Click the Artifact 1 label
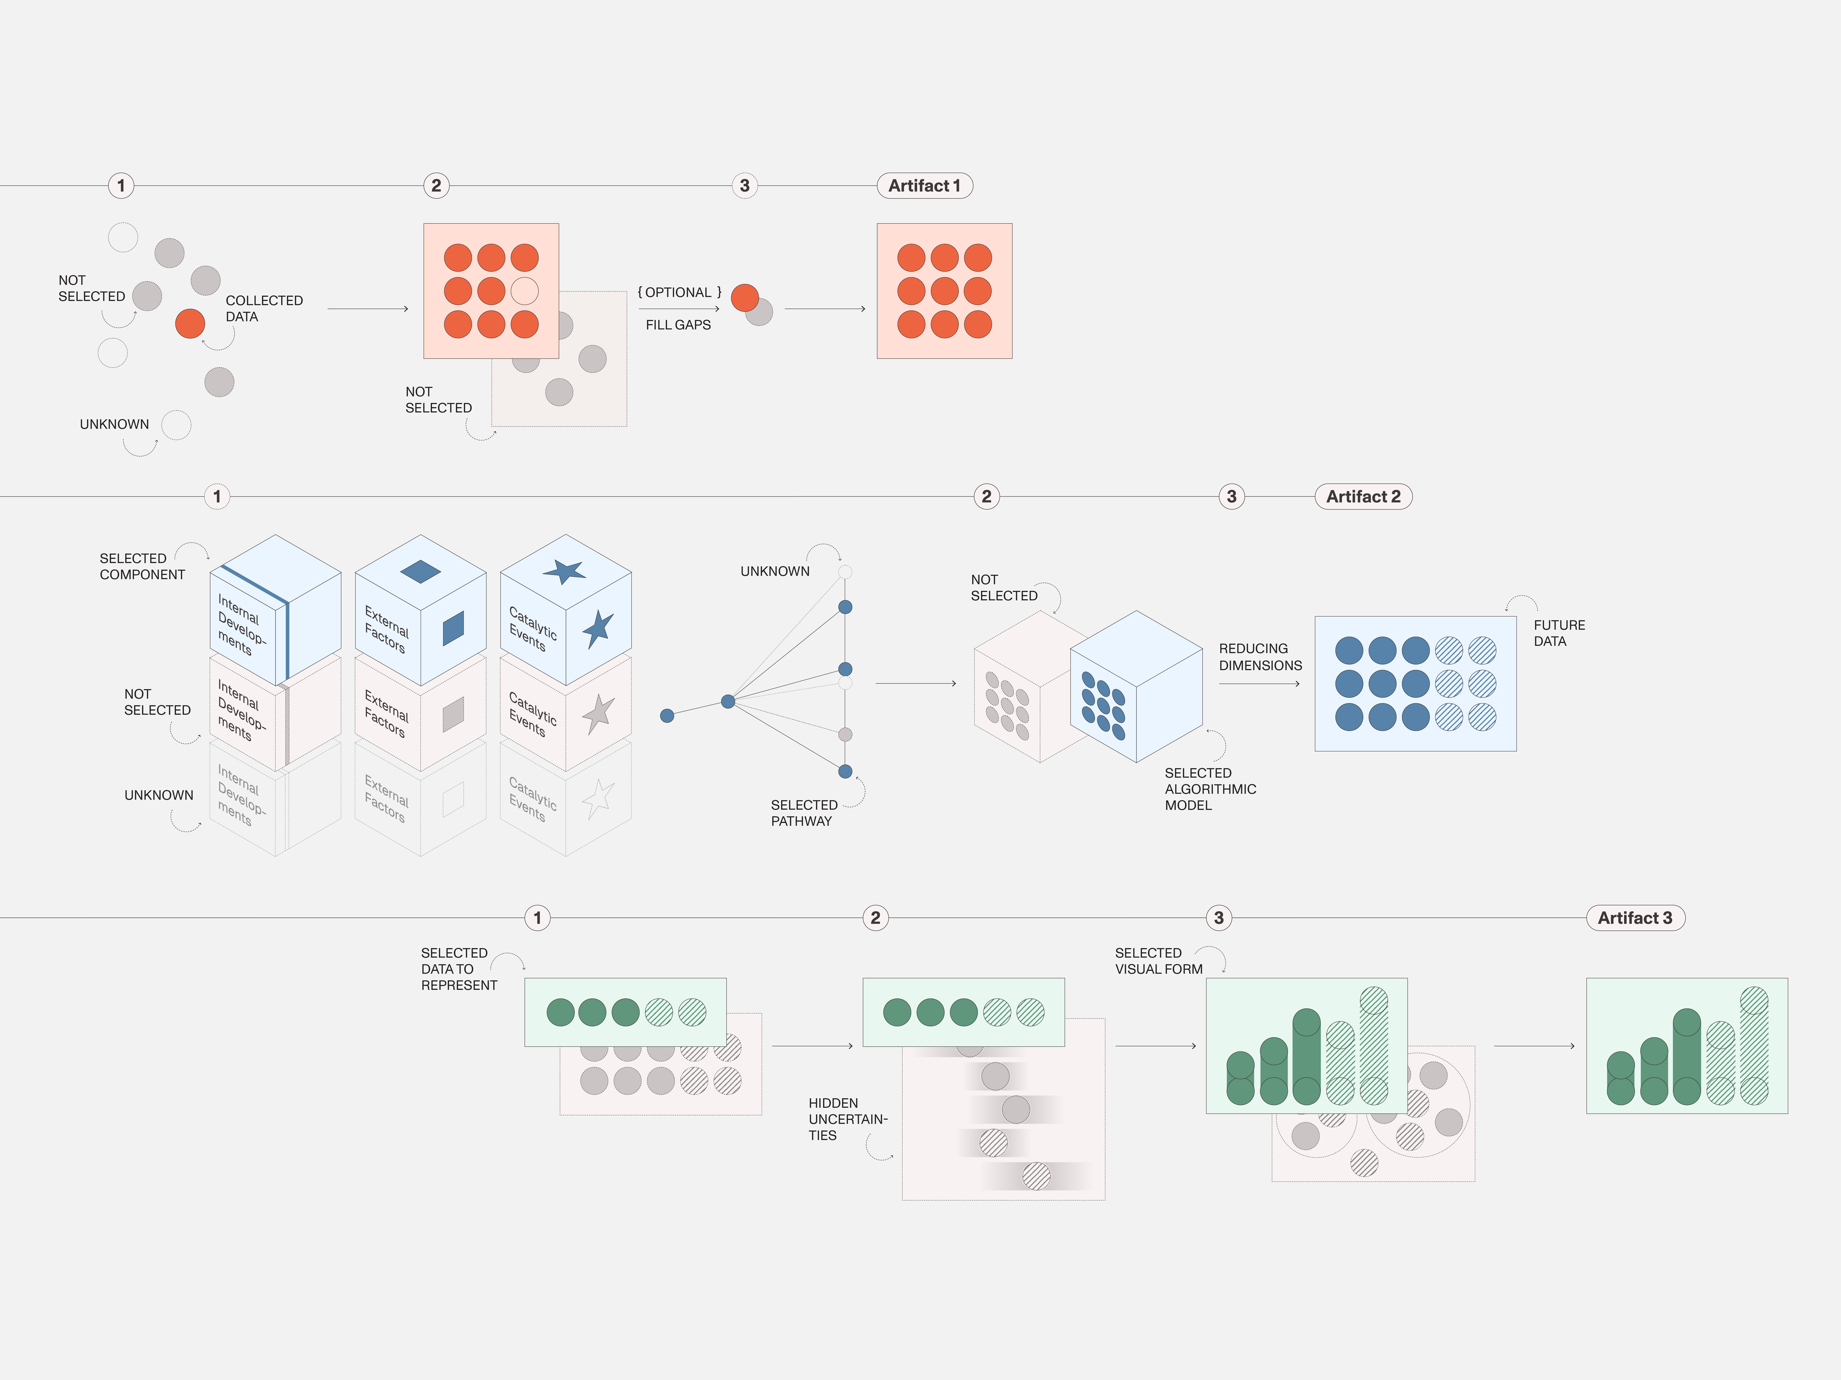tap(925, 185)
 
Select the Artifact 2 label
tap(1363, 497)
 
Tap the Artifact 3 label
tap(1635, 917)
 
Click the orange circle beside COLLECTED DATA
tap(190, 323)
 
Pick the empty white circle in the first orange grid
tap(524, 291)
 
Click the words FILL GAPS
tap(678, 324)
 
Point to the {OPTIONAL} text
tap(679, 292)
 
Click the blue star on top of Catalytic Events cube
tap(564, 571)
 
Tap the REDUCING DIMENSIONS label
tap(1260, 656)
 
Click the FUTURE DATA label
tap(1559, 633)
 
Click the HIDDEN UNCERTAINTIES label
tap(847, 1119)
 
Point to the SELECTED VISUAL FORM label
tap(1159, 961)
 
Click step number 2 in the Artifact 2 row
tap(986, 497)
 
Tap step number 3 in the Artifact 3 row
tap(1218, 917)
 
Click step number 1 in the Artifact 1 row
tap(121, 185)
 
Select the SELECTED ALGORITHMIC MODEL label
tap(1210, 788)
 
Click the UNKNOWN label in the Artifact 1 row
tap(114, 424)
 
